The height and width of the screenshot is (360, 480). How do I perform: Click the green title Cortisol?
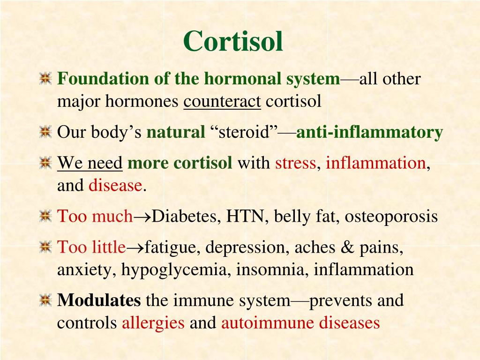(233, 42)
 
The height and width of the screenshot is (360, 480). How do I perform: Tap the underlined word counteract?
(222, 102)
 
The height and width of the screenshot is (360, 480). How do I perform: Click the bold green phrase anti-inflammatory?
(369, 133)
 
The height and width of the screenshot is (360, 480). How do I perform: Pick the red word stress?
(295, 163)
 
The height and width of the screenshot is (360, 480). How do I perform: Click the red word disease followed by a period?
(115, 186)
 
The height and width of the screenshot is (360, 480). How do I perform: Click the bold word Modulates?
(99, 300)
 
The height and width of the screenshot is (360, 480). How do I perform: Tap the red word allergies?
(153, 323)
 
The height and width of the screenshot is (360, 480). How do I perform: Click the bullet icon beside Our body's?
(45, 133)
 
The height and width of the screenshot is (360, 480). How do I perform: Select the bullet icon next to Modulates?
(45, 300)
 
